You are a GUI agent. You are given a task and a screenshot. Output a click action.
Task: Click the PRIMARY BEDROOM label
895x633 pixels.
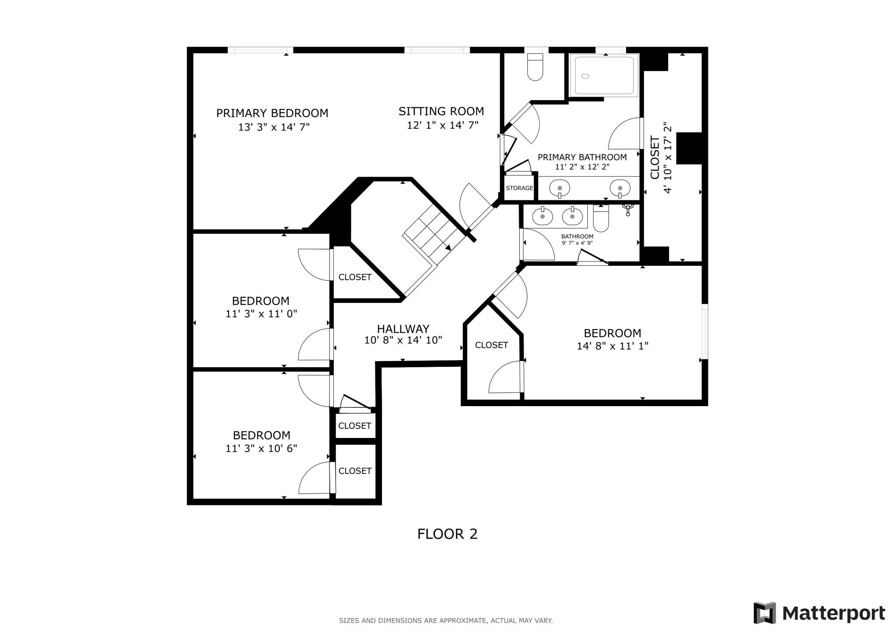[272, 113]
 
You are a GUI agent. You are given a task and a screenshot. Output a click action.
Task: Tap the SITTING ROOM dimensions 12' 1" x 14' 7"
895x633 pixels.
[442, 125]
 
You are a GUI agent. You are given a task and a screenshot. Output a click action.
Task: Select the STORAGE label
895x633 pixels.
[519, 188]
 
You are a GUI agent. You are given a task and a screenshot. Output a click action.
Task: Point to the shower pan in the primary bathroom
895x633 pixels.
[604, 76]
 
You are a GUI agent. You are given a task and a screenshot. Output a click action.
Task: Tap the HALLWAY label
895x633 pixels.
[403, 329]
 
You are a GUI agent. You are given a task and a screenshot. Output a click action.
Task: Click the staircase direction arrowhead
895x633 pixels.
[448, 247]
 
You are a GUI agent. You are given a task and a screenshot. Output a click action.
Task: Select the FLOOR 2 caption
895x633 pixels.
[447, 534]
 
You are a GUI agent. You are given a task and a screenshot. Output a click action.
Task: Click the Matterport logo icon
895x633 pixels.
[764, 613]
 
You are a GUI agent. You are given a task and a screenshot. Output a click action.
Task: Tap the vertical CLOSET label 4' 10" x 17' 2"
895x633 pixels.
[660, 158]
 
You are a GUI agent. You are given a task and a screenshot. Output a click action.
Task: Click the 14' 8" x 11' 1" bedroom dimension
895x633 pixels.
[612, 346]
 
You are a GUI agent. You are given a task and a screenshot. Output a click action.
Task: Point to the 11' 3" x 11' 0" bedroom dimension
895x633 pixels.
[261, 314]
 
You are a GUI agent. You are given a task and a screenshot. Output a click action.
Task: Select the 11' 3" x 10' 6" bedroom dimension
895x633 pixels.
[261, 449]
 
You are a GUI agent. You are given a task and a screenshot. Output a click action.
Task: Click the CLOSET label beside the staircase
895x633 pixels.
[355, 277]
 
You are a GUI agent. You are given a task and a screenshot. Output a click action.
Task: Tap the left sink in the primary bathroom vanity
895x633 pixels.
[559, 188]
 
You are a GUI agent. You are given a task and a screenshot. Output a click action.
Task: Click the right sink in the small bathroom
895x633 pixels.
[572, 216]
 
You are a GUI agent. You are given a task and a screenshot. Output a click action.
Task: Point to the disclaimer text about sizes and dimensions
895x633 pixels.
[445, 620]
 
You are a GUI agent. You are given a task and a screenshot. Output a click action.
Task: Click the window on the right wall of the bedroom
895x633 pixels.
[704, 331]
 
